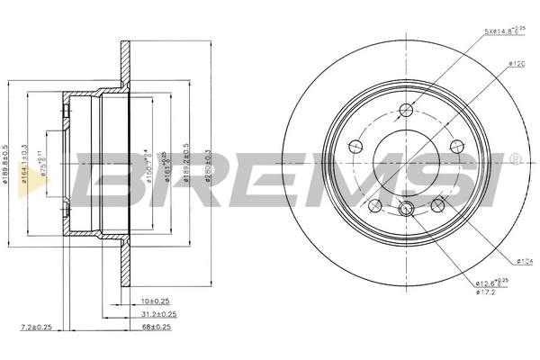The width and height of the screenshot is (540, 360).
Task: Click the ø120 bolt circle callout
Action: point(516,64)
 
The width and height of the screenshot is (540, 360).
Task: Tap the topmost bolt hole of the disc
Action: point(406,110)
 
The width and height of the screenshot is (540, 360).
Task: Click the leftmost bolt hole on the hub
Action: point(355,147)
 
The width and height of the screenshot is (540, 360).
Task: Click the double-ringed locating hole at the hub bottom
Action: point(406,210)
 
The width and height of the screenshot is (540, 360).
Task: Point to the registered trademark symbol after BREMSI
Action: point(515,159)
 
